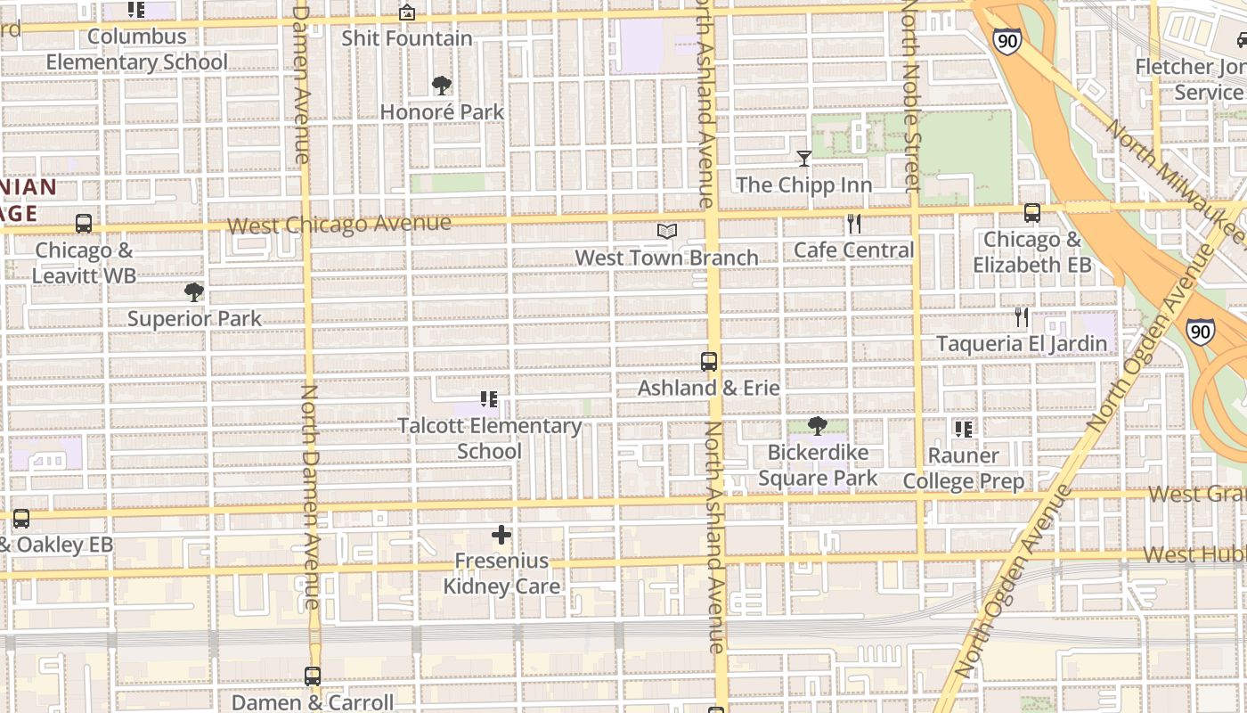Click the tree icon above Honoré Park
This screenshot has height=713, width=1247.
(x=441, y=86)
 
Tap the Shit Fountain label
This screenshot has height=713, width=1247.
(x=407, y=38)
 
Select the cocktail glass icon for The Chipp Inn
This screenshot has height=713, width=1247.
(x=804, y=159)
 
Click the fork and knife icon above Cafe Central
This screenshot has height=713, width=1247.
(x=854, y=224)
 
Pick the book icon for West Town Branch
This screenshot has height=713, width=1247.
(x=667, y=232)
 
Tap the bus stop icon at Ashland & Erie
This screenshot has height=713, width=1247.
(x=709, y=362)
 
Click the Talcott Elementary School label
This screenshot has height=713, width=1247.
(x=489, y=438)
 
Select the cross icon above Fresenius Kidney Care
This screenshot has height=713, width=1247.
(x=501, y=535)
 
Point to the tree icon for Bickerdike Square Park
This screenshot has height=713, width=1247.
(x=817, y=426)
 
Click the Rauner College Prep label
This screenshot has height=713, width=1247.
(x=964, y=468)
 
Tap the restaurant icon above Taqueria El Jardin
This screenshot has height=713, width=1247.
(x=1022, y=317)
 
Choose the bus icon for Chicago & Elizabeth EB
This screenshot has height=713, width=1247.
(x=1032, y=213)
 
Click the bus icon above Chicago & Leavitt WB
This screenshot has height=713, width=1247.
(x=84, y=224)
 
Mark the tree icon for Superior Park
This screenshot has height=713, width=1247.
(x=193, y=292)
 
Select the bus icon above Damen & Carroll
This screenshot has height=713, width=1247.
(x=313, y=676)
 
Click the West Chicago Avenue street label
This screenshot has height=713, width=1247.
(x=339, y=224)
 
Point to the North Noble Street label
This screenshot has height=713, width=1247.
(x=910, y=96)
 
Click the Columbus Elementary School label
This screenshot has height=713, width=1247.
(x=137, y=49)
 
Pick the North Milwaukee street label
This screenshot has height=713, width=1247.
(x=1176, y=183)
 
